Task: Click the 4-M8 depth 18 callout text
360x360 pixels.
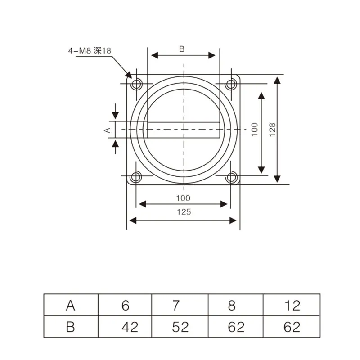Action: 89,51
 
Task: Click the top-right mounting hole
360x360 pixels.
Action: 231,84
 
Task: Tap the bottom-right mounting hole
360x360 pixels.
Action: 231,177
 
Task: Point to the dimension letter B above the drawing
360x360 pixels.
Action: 182,49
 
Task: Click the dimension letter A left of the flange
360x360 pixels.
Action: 107,130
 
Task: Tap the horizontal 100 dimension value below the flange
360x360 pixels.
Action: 183,198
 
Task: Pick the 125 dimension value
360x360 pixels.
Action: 183,212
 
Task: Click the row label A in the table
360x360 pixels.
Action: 70,306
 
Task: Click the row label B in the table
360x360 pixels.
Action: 70,326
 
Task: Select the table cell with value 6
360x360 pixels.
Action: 125,306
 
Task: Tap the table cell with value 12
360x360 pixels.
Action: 292,306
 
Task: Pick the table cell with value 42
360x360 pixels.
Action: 130,326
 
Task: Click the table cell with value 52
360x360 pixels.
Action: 180,326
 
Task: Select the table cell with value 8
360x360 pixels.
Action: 232,306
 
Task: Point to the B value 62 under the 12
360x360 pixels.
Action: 292,326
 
